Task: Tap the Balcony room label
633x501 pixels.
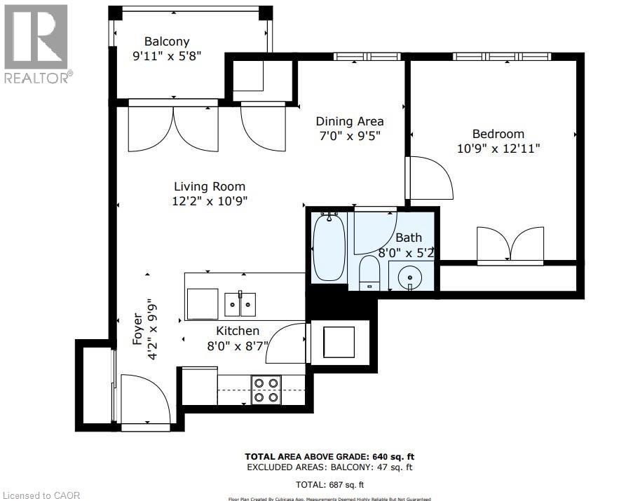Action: click(167, 41)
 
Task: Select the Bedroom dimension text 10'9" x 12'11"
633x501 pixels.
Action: click(498, 149)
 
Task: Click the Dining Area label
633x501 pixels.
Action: click(350, 121)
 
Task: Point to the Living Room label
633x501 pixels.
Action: click(210, 186)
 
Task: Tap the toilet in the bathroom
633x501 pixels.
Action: click(369, 273)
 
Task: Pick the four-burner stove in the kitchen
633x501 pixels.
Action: click(266, 390)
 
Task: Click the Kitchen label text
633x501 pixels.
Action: click(237, 331)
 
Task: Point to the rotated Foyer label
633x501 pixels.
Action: click(144, 329)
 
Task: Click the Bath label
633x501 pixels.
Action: click(409, 238)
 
